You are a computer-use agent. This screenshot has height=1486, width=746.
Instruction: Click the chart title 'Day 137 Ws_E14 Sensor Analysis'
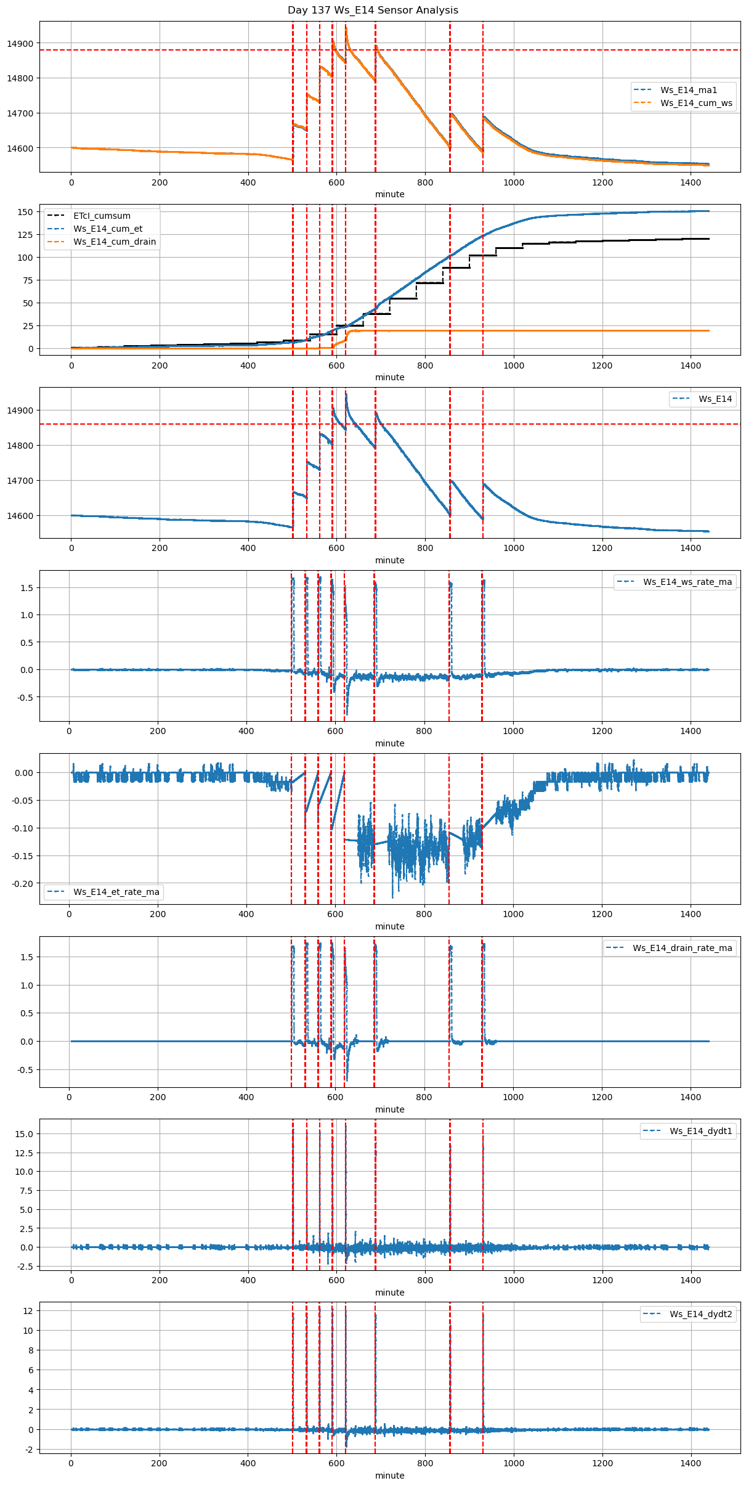(373, 10)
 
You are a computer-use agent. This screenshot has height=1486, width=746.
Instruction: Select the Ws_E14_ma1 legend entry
(688, 90)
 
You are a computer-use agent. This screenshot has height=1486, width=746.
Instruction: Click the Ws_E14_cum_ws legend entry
(696, 103)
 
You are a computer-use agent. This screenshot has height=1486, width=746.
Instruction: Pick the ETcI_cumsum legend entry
(102, 216)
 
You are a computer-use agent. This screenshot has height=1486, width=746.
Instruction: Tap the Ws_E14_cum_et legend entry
(108, 229)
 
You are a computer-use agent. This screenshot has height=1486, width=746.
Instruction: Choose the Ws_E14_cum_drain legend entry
(115, 242)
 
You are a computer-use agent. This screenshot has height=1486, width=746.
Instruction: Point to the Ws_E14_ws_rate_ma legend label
(687, 582)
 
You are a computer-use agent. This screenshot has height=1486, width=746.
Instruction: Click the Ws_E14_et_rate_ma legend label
(116, 892)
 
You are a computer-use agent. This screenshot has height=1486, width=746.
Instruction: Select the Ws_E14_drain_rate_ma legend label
(682, 948)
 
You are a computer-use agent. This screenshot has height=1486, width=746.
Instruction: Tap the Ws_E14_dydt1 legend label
(701, 1131)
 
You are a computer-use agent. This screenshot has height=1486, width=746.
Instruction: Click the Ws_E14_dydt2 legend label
(701, 1314)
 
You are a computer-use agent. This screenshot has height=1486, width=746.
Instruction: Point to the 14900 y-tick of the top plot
(20, 44)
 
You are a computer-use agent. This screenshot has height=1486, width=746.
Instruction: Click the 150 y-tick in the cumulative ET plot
(25, 212)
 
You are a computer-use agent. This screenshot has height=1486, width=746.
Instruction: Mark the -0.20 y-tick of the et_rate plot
(23, 884)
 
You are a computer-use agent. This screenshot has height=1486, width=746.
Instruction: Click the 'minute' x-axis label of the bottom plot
(390, 1476)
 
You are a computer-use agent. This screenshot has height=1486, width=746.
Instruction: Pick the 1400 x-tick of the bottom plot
(691, 1463)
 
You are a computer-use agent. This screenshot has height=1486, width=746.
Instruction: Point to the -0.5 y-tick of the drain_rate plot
(25, 1070)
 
